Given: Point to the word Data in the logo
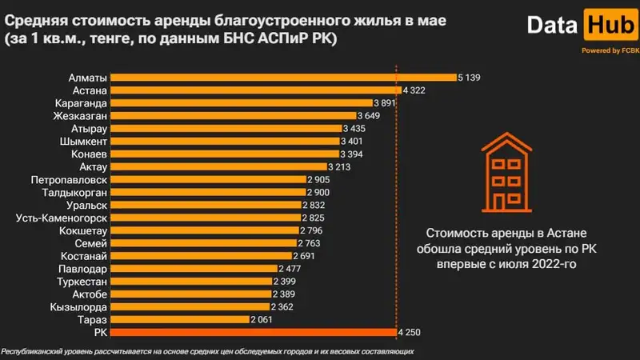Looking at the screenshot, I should (552, 26).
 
